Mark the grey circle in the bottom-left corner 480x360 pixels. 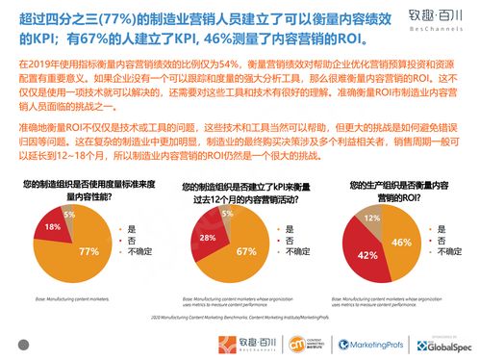pos(24,343)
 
